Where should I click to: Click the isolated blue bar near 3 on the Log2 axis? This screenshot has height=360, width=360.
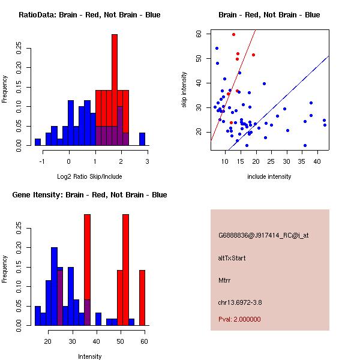(142, 139)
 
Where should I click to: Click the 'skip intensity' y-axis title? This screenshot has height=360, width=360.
(184, 90)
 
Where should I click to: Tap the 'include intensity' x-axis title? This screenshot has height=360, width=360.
(269, 176)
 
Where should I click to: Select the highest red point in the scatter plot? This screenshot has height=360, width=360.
(233, 34)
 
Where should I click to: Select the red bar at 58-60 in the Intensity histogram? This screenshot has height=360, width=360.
(142, 298)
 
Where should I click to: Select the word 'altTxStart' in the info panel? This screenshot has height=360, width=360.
(232, 258)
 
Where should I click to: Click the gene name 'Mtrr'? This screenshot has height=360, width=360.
(224, 280)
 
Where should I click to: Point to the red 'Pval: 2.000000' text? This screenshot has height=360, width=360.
(239, 319)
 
